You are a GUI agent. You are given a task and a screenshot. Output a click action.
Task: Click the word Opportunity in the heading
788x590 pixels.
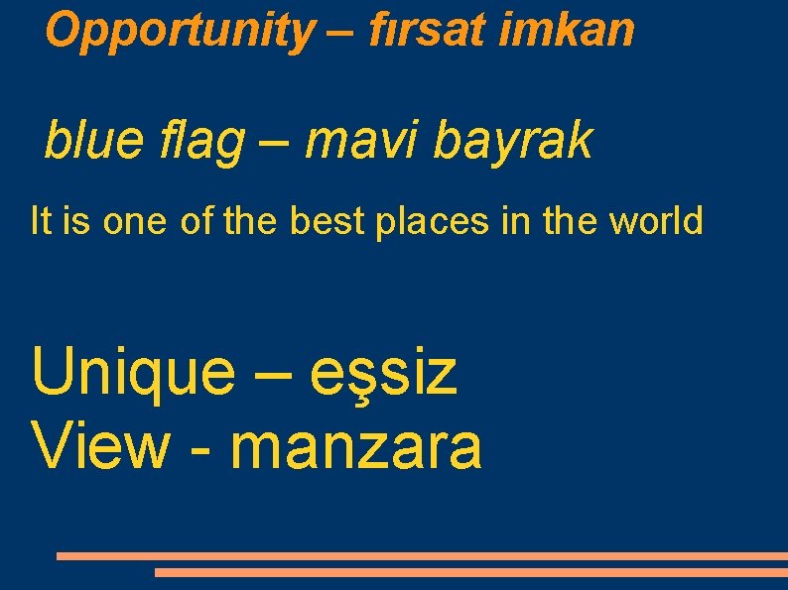tap(178, 31)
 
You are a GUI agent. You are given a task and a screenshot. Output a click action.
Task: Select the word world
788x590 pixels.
tap(656, 220)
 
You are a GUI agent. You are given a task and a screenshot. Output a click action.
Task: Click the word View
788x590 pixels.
tap(100, 446)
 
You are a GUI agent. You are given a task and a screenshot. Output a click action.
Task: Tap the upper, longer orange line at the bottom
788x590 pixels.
tap(422, 556)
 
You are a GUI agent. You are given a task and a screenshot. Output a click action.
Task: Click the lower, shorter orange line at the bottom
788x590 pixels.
tap(470, 572)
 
